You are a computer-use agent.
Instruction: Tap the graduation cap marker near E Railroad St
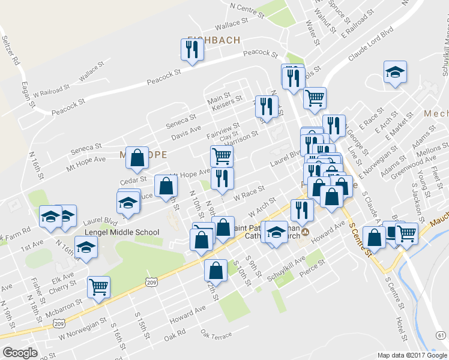point(395,73)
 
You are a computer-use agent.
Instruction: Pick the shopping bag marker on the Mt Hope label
point(137,157)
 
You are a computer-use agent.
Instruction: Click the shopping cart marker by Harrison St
point(221,157)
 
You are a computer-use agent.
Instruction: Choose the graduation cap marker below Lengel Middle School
point(86,247)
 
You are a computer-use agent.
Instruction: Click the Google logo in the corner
point(20,353)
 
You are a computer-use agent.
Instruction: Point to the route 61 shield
point(441,334)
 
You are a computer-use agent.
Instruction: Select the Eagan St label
point(26,95)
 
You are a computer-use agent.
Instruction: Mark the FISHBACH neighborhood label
point(213,40)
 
